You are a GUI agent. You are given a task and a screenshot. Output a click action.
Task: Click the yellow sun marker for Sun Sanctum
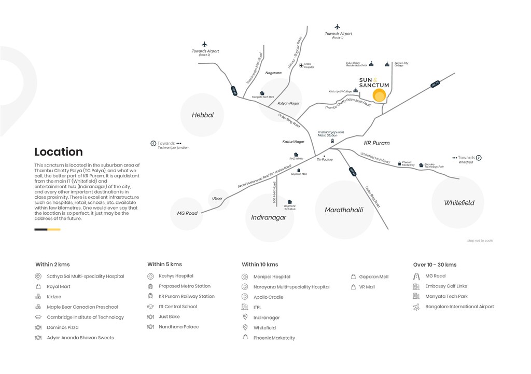[379, 95]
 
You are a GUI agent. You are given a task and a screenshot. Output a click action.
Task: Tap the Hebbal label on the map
[203, 115]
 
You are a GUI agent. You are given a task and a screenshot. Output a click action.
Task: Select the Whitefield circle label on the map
[459, 203]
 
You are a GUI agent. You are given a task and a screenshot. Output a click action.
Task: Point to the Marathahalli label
[344, 210]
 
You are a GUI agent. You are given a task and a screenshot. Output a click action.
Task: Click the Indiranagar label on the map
[269, 217]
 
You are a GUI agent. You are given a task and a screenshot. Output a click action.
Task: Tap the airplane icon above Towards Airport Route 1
[338, 26]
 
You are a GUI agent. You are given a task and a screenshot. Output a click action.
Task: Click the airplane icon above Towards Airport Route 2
[205, 44]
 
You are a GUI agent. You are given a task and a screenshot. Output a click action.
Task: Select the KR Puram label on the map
[376, 143]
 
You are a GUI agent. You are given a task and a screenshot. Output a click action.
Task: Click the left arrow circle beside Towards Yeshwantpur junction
[153, 143]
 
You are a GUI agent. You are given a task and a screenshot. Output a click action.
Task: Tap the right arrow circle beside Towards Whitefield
[479, 158]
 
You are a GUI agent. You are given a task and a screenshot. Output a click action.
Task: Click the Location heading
[59, 152]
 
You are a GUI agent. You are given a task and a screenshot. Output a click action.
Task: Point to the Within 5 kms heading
[164, 265]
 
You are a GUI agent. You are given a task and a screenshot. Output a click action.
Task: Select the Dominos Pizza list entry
[63, 327]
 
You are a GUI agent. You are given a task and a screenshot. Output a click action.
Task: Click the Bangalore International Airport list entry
[459, 307]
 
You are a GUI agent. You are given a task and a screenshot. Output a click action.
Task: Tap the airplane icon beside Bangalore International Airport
[416, 307]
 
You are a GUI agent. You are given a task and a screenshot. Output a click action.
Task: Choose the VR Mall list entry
[367, 287]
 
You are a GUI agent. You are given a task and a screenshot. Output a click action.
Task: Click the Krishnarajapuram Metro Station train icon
[332, 141]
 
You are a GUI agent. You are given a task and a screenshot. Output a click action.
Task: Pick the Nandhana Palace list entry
[178, 327]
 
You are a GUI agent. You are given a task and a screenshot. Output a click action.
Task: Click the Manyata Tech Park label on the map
[263, 97]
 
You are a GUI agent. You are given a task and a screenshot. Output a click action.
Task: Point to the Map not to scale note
[480, 241]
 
